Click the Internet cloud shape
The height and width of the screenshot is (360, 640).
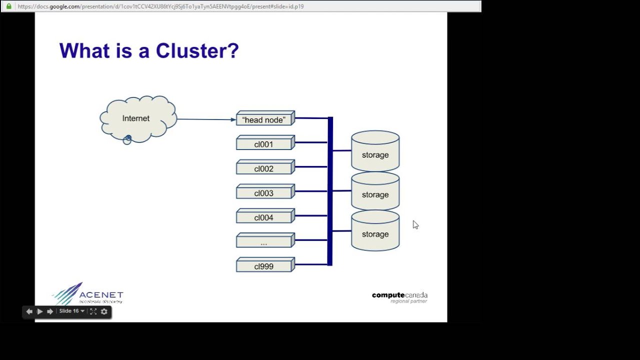point(137,119)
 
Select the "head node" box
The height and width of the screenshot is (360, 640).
point(264,120)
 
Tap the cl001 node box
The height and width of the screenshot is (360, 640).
point(264,144)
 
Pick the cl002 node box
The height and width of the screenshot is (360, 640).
point(264,169)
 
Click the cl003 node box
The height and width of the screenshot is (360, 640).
point(264,193)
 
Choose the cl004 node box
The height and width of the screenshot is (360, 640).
point(264,218)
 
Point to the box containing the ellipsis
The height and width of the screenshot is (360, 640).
point(264,242)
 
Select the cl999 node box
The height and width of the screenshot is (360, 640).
point(264,266)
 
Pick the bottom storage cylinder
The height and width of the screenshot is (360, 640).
point(375,232)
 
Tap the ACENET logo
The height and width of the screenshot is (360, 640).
point(88,294)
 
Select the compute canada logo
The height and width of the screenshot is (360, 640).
point(399,296)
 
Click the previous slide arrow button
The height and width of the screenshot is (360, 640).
point(29,311)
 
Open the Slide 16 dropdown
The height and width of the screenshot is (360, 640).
point(71,311)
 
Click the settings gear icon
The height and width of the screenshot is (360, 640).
point(104,311)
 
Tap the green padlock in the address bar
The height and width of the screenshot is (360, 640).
point(8,6)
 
